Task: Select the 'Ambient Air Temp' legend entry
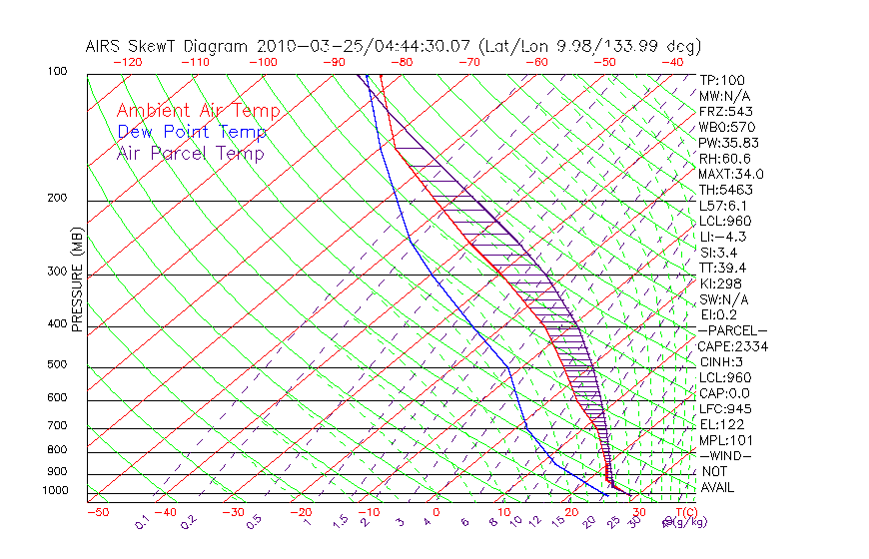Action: (198, 111)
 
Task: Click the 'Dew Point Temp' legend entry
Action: (191, 132)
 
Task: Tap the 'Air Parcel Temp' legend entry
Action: (190, 153)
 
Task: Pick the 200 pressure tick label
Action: (58, 198)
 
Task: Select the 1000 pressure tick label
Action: (55, 490)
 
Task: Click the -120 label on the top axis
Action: (127, 62)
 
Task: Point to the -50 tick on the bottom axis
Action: (97, 512)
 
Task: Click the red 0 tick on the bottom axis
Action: (436, 512)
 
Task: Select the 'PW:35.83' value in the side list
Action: (725, 143)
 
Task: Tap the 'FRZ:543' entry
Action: (723, 112)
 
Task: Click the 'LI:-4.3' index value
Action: (722, 237)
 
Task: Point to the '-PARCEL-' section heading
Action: (732, 330)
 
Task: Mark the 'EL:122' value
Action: (719, 424)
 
